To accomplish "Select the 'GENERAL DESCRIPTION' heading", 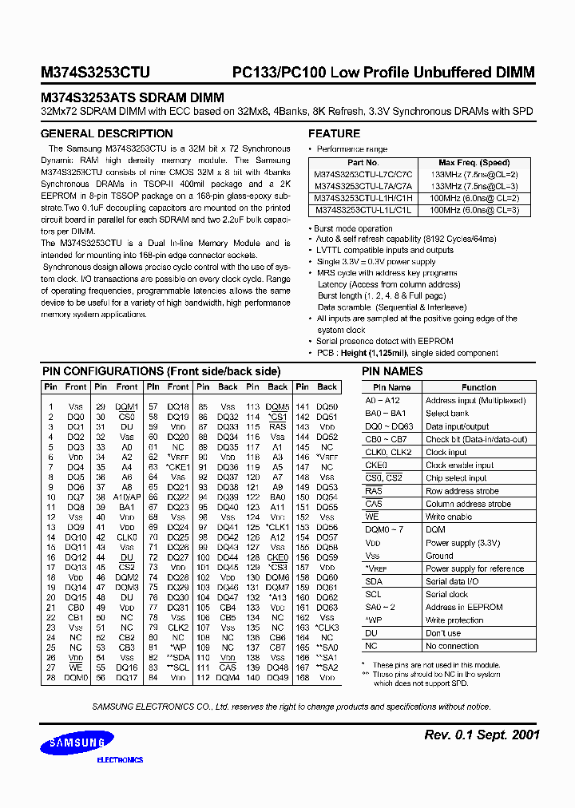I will coord(106,133).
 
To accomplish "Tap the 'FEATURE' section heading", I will coord(334,133).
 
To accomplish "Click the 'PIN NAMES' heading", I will coord(392,371).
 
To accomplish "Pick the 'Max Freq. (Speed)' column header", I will coord(474,163).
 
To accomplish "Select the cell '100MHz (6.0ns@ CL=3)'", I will coord(474,210).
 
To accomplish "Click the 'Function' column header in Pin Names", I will coord(478,387).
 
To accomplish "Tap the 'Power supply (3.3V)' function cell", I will coord(462,543).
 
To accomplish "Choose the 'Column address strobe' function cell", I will coord(468,504).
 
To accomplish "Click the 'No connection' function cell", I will coord(452,646).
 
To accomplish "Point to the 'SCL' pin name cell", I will coord(373,594).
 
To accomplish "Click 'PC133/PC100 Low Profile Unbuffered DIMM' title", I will coord(383,73).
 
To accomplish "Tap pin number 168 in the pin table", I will coord(302,678).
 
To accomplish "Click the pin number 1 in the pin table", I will coord(51,406).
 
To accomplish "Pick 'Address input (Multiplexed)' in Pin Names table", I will coord(475,401).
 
